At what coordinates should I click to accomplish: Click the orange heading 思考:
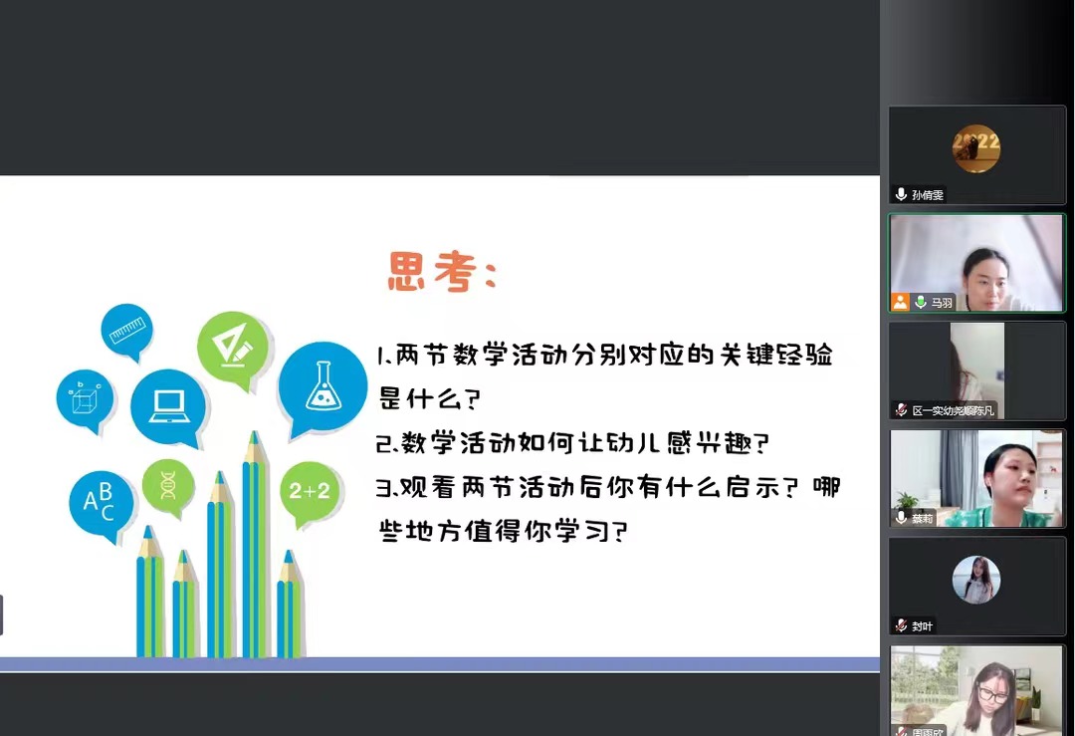pyautogui.click(x=442, y=272)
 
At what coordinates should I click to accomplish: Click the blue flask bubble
pyautogui.click(x=322, y=388)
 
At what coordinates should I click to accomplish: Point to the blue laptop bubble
pyautogui.click(x=168, y=406)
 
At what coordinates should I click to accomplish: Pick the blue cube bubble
pyautogui.click(x=85, y=400)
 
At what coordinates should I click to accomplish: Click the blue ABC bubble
pyautogui.click(x=101, y=504)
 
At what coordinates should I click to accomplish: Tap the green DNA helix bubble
pyautogui.click(x=168, y=486)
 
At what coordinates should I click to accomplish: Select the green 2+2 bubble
pyautogui.click(x=310, y=492)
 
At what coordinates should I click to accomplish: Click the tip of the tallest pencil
pyautogui.click(x=255, y=431)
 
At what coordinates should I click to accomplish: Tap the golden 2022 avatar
pyautogui.click(x=976, y=148)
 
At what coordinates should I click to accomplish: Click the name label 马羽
pyautogui.click(x=942, y=303)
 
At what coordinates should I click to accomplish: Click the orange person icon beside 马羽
pyautogui.click(x=900, y=302)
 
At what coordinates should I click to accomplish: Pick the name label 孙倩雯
pyautogui.click(x=928, y=195)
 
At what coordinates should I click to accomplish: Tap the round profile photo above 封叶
pyautogui.click(x=976, y=580)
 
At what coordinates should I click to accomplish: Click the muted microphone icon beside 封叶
pyautogui.click(x=902, y=624)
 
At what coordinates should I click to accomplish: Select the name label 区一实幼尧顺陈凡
pyautogui.click(x=953, y=410)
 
